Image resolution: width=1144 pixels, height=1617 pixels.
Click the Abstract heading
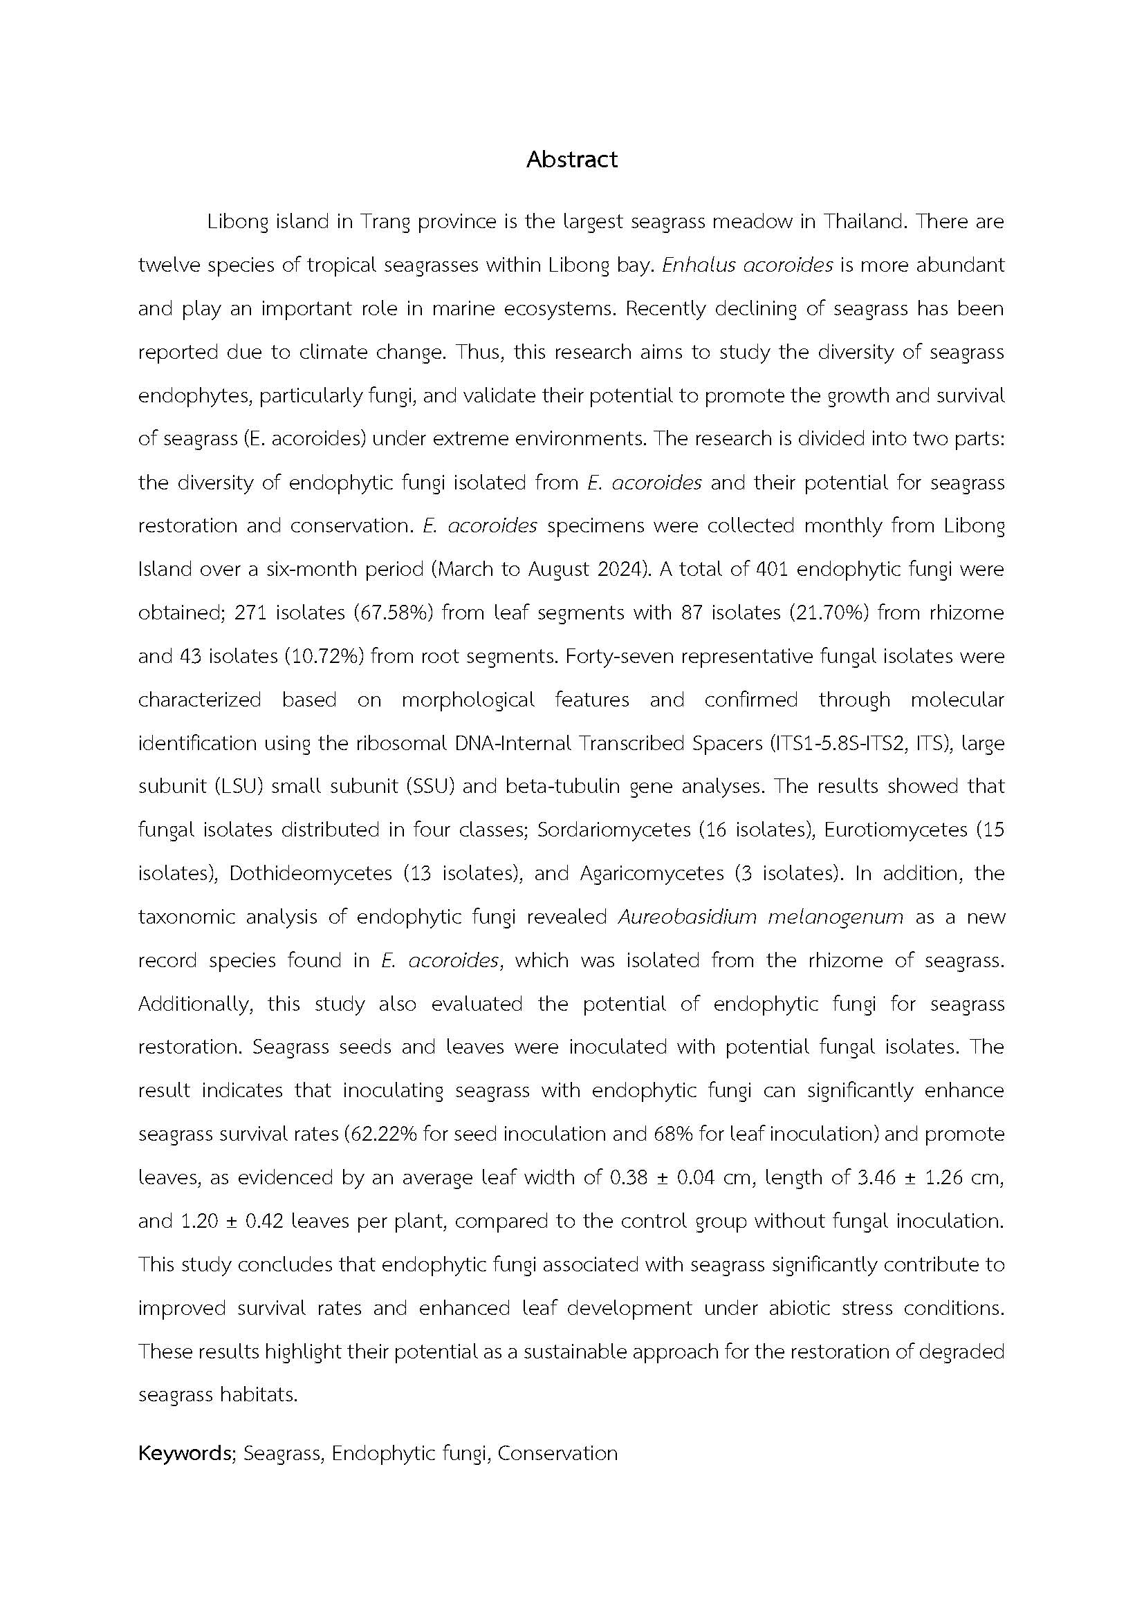click(x=571, y=160)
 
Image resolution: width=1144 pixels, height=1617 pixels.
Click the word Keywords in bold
click(x=185, y=1454)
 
